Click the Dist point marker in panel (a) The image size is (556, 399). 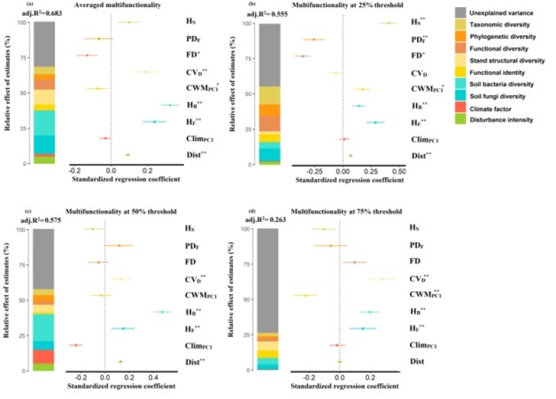[128, 155]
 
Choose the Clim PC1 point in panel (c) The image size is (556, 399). [75, 345]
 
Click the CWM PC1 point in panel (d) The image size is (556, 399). [304, 296]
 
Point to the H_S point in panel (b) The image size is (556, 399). [388, 23]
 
